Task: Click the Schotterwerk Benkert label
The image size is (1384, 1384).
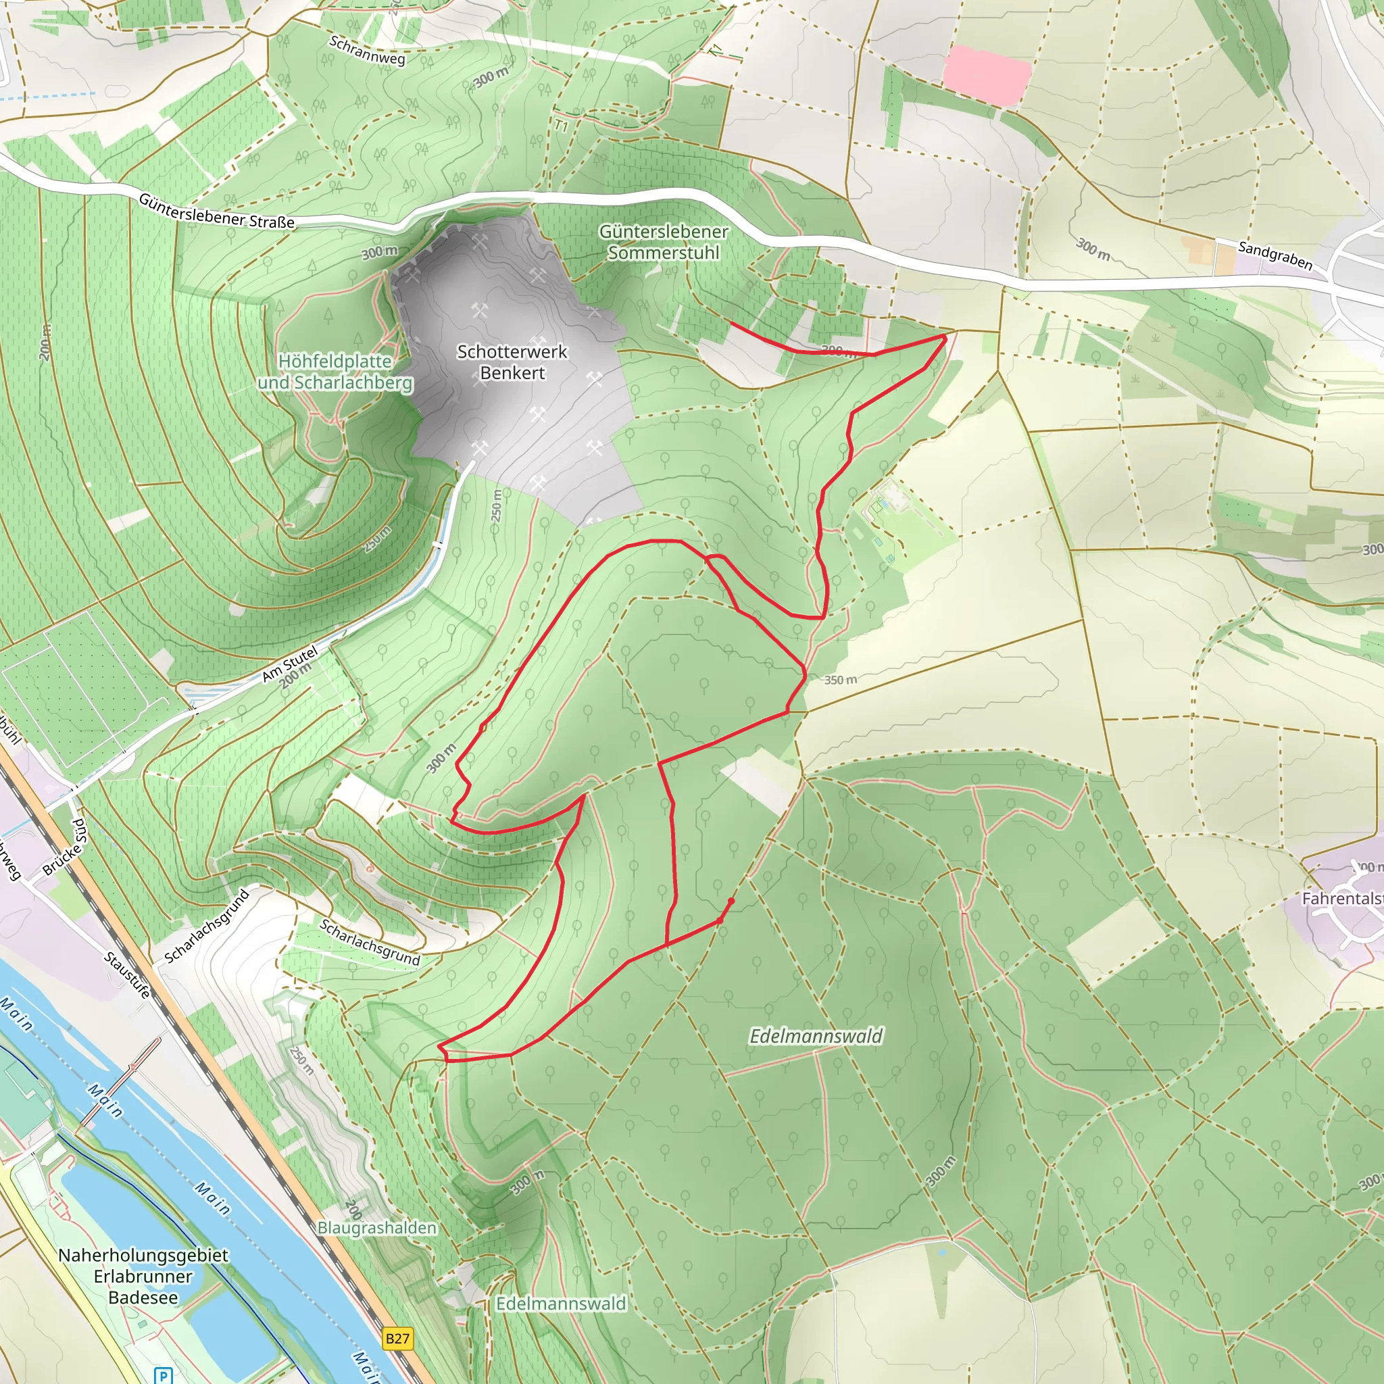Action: pyautogui.click(x=512, y=362)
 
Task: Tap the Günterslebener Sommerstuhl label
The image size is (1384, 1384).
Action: pyautogui.click(x=664, y=242)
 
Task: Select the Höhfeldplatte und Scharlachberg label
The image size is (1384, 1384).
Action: pyautogui.click(x=335, y=372)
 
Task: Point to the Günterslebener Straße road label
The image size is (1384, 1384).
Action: pyautogui.click(x=216, y=212)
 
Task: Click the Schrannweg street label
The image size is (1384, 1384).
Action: pyautogui.click(x=367, y=50)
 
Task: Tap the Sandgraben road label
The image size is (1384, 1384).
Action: pyautogui.click(x=1275, y=255)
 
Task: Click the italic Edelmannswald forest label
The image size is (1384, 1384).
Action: pyautogui.click(x=816, y=1036)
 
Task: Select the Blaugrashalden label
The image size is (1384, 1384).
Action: pyautogui.click(x=377, y=1228)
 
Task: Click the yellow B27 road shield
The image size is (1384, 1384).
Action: pyautogui.click(x=397, y=1337)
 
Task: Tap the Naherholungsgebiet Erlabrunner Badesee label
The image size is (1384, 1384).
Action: pyautogui.click(x=143, y=1276)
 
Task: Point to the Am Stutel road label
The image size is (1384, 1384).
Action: pyautogui.click(x=289, y=664)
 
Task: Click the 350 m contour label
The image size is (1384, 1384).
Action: pyautogui.click(x=839, y=680)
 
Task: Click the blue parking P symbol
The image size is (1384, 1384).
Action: pyautogui.click(x=164, y=1375)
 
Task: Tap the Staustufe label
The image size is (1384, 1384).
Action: pyautogui.click(x=128, y=975)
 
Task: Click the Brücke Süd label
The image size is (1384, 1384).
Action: pyautogui.click(x=64, y=847)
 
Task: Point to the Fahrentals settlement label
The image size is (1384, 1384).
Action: pyautogui.click(x=1341, y=898)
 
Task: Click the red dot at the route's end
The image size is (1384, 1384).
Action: pyautogui.click(x=731, y=901)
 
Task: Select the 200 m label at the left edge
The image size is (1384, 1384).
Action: pyautogui.click(x=45, y=343)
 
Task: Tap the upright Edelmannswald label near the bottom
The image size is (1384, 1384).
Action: pyautogui.click(x=561, y=1303)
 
